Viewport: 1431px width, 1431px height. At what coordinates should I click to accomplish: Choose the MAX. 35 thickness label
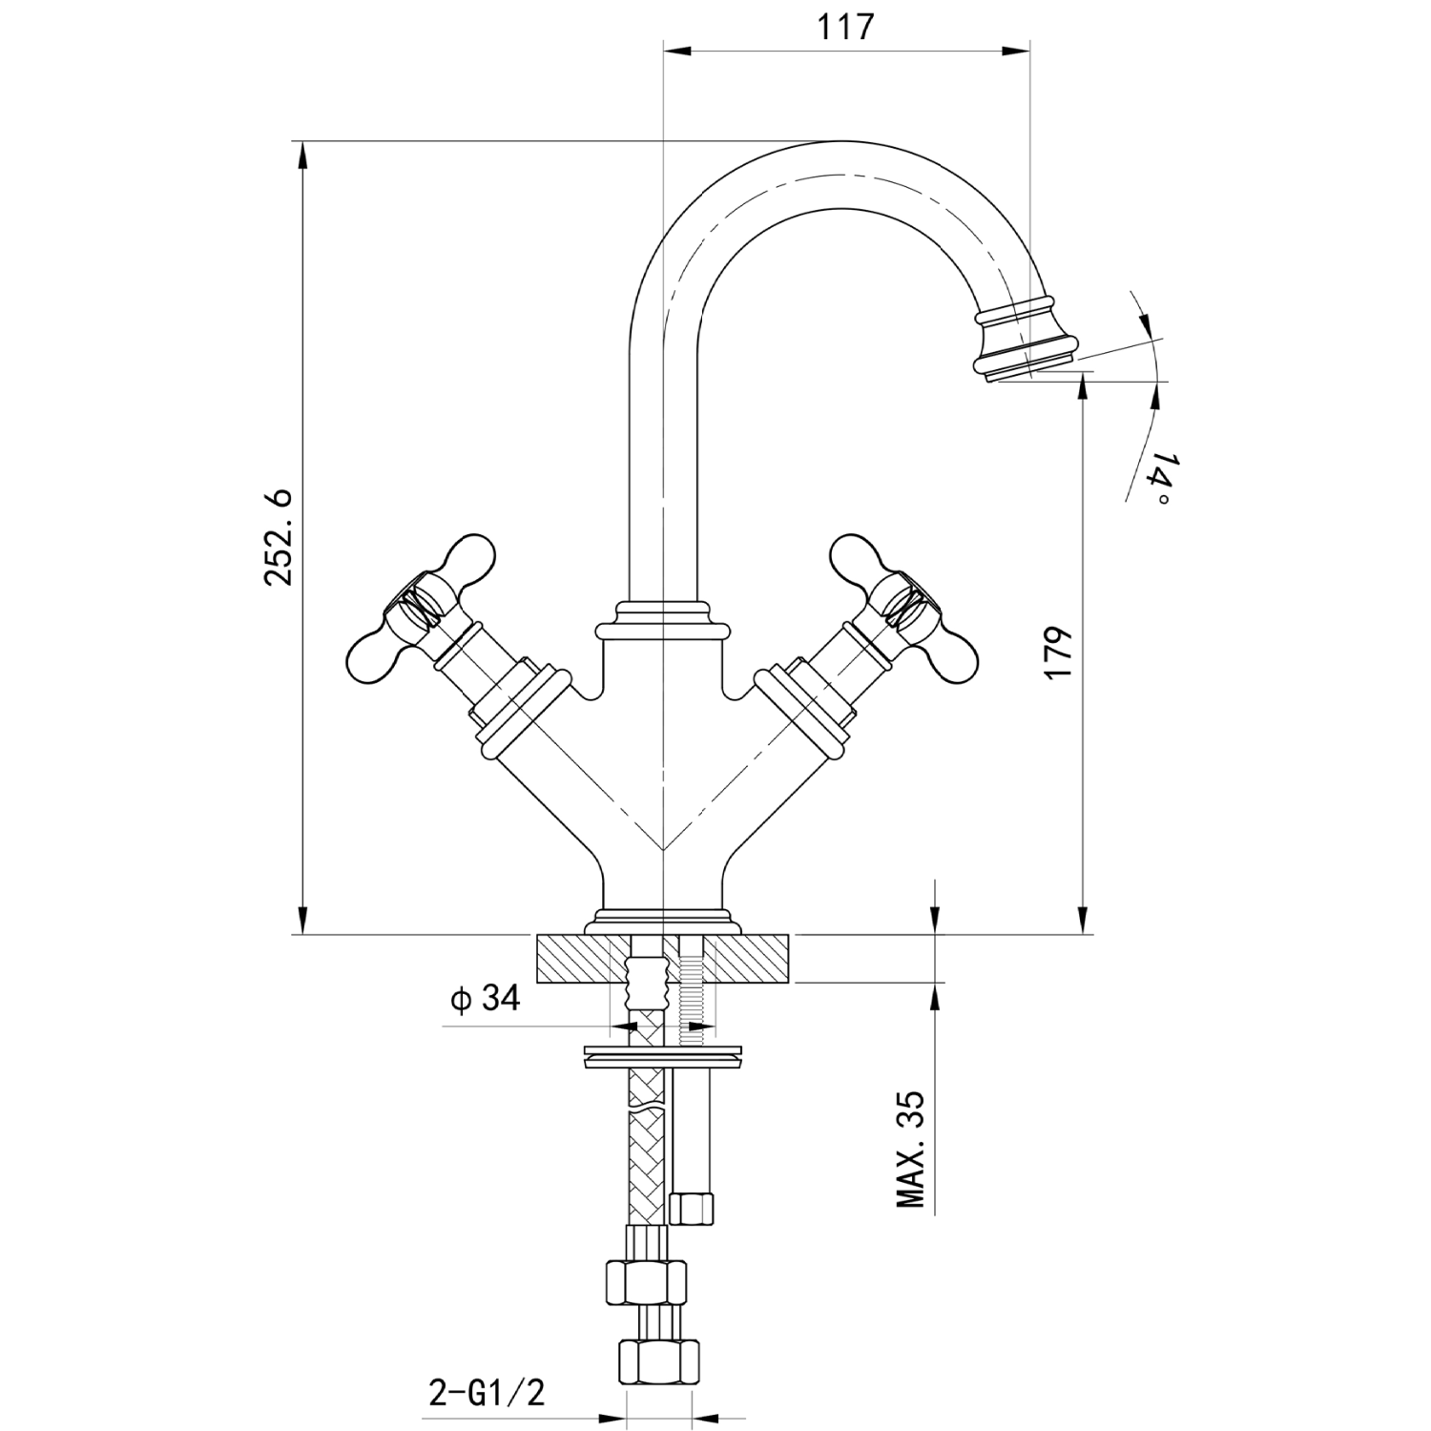click(x=912, y=1149)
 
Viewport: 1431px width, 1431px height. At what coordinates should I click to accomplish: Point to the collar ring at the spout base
click(x=662, y=620)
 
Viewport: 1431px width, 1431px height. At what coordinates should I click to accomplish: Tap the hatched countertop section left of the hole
click(x=572, y=959)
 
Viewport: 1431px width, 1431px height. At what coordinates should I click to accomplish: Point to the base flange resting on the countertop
click(x=663, y=922)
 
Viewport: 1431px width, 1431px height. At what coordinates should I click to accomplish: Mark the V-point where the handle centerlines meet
click(x=662, y=848)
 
